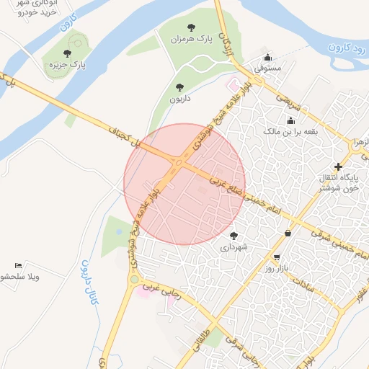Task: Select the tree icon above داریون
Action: [x=179, y=87]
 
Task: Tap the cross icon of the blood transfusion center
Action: [x=338, y=166]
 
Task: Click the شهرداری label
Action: [x=233, y=246]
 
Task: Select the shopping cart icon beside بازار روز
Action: [x=277, y=257]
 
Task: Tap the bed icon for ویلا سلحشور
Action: [x=19, y=266]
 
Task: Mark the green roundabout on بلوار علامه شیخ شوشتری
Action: [x=133, y=279]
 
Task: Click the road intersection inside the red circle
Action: [x=178, y=165]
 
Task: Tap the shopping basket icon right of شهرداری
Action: [x=288, y=233]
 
